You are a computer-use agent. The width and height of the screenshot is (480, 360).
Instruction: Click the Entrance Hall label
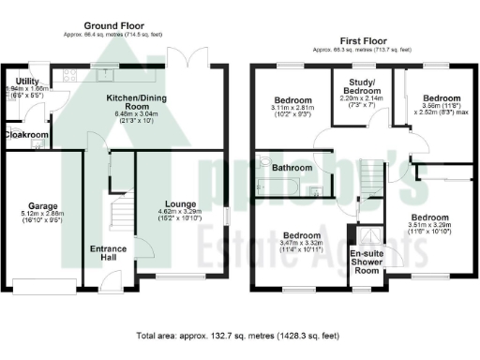(x=110, y=254)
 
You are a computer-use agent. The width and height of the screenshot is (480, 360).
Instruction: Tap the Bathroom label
(x=292, y=168)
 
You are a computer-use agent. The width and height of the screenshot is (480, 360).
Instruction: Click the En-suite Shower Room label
(x=367, y=263)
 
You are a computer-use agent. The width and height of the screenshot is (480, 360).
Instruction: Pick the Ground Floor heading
(x=112, y=26)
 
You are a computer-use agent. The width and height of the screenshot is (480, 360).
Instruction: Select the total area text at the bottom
(x=240, y=335)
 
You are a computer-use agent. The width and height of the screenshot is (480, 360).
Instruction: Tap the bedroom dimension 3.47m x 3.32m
(x=301, y=247)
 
